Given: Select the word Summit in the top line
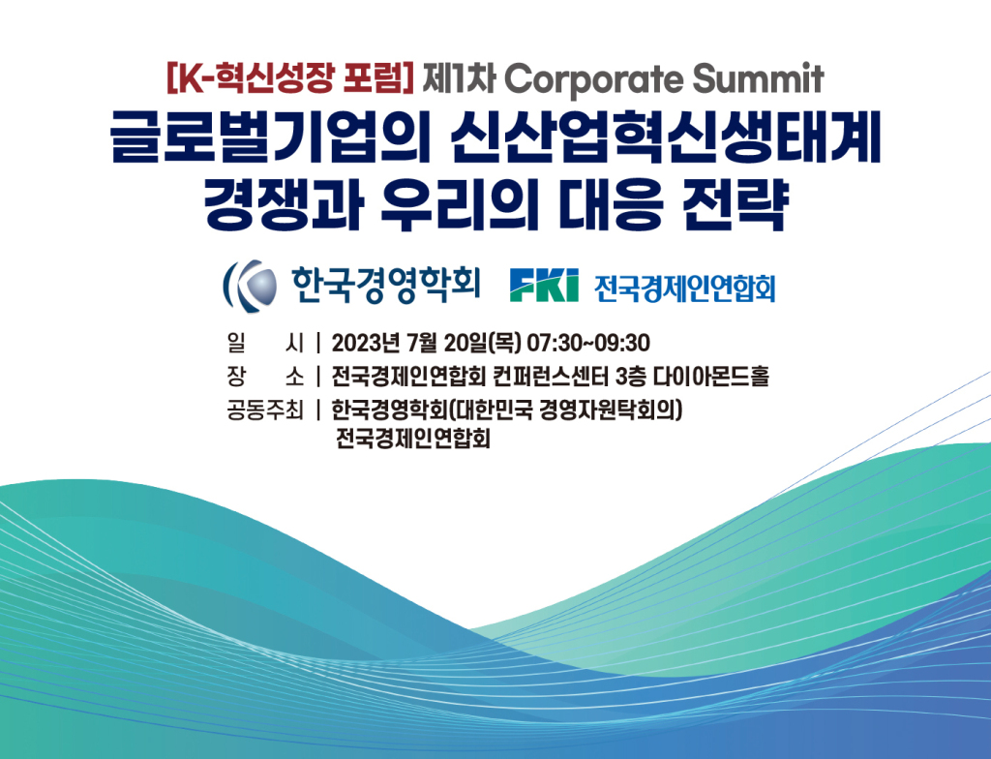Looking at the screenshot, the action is (759, 78).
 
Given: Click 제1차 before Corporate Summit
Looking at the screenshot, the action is (459, 78).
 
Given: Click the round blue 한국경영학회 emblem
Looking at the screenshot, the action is (251, 286).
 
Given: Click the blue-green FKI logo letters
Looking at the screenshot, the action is (544, 286).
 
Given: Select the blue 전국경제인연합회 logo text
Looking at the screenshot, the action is (684, 288).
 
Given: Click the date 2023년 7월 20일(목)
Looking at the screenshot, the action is (426, 343).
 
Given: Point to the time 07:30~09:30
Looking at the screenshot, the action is (588, 343).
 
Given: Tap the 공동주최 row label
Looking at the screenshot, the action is (265, 410).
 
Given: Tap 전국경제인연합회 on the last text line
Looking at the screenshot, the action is (413, 439).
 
